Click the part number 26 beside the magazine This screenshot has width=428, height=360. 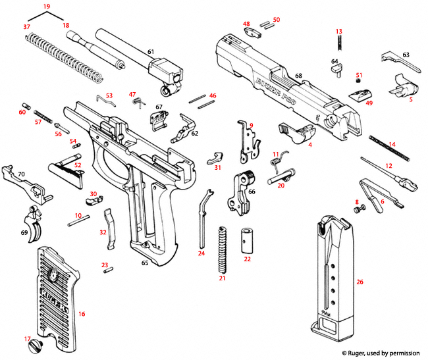[360, 282]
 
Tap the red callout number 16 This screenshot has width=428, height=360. [82, 315]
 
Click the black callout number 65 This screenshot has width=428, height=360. [144, 263]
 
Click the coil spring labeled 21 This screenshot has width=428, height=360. [223, 249]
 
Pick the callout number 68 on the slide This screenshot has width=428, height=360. [298, 77]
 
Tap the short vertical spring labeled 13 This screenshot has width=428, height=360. [340, 45]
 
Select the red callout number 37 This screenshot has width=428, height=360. [27, 26]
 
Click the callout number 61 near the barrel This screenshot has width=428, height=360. [150, 51]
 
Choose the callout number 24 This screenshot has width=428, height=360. [201, 253]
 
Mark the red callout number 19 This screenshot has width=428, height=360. [46, 6]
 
